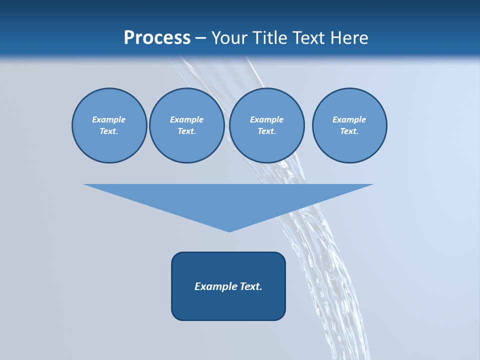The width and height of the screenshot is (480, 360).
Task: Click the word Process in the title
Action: [157, 38]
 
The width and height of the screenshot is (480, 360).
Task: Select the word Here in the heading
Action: [350, 38]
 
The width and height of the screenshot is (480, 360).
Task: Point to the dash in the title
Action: [201, 38]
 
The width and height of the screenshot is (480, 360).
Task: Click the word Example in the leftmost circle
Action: [109, 119]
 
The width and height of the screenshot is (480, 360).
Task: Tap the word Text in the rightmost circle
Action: [348, 131]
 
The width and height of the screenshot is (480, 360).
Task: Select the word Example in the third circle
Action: [267, 119]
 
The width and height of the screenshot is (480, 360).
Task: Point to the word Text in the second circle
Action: [186, 131]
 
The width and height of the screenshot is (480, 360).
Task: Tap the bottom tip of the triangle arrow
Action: [229, 230]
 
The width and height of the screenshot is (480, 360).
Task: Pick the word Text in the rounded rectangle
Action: [251, 286]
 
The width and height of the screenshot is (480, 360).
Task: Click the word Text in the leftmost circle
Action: [108, 131]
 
